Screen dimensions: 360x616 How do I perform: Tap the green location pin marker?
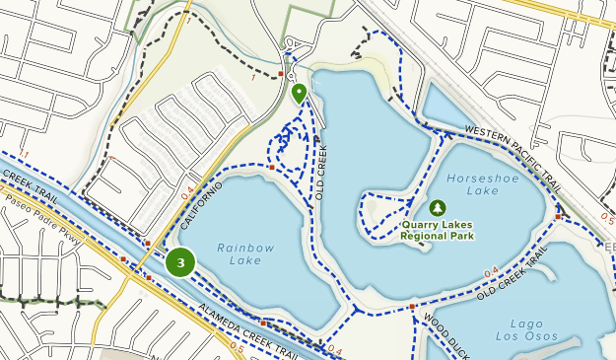click(298, 94)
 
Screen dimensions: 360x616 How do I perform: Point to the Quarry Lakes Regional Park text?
click(438, 230)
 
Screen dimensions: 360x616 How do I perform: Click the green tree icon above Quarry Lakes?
click(438, 207)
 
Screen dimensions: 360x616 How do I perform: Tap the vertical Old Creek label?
click(321, 173)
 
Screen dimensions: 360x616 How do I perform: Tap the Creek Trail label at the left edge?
click(24, 179)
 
